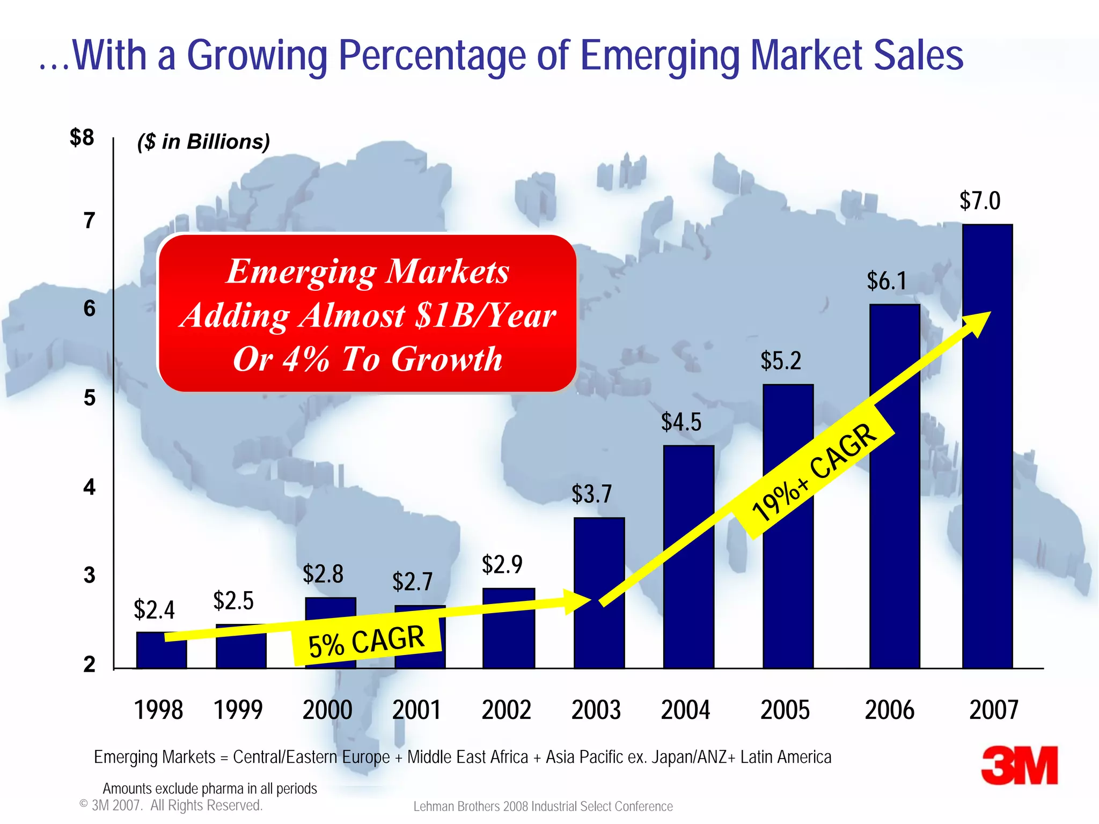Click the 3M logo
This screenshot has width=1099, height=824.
pyautogui.click(x=1019, y=766)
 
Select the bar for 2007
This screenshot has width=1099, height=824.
pyautogui.click(x=987, y=445)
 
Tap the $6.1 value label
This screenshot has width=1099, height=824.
pyautogui.click(x=886, y=281)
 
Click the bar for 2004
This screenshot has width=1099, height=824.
pyautogui.click(x=688, y=558)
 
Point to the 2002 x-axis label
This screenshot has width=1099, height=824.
pyautogui.click(x=506, y=710)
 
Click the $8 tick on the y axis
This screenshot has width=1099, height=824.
pyautogui.click(x=82, y=137)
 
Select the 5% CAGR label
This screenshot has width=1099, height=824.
pyautogui.click(x=367, y=641)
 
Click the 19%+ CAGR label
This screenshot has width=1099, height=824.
pyautogui.click(x=814, y=472)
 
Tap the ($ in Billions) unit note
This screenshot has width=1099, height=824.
pyautogui.click(x=203, y=142)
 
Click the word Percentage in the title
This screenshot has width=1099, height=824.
pyautogui.click(x=433, y=55)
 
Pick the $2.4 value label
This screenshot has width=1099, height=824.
pyautogui.click(x=154, y=609)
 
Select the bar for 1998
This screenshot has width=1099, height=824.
pyautogui.click(x=161, y=650)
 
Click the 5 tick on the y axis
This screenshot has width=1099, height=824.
pyautogui.click(x=89, y=398)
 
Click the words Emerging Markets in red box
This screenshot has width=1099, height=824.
pyautogui.click(x=368, y=271)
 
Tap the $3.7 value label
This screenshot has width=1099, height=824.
pyautogui.click(x=591, y=494)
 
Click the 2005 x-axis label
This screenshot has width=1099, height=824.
pyautogui.click(x=785, y=710)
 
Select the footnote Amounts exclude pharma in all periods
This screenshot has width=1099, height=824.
pyautogui.click(x=209, y=788)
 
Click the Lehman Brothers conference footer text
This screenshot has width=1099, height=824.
pyautogui.click(x=543, y=806)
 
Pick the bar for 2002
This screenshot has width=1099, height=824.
pyautogui.click(x=508, y=628)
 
